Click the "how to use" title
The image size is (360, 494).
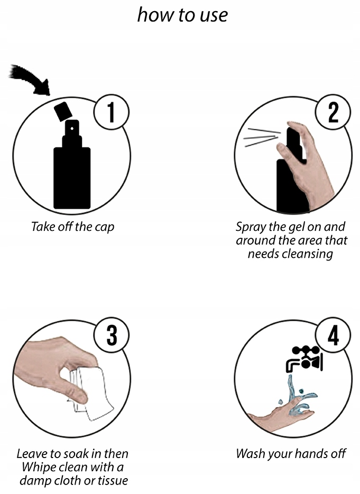(182, 15)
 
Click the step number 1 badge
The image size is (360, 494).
(112, 112)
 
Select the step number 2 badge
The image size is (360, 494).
(333, 112)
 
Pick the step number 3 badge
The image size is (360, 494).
(112, 335)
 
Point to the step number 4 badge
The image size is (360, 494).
(333, 335)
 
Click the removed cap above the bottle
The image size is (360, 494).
(62, 111)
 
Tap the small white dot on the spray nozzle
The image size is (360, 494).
(72, 128)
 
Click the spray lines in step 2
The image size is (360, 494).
(262, 137)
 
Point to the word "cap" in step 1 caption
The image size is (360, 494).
(105, 228)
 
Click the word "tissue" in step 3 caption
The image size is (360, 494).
(113, 480)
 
